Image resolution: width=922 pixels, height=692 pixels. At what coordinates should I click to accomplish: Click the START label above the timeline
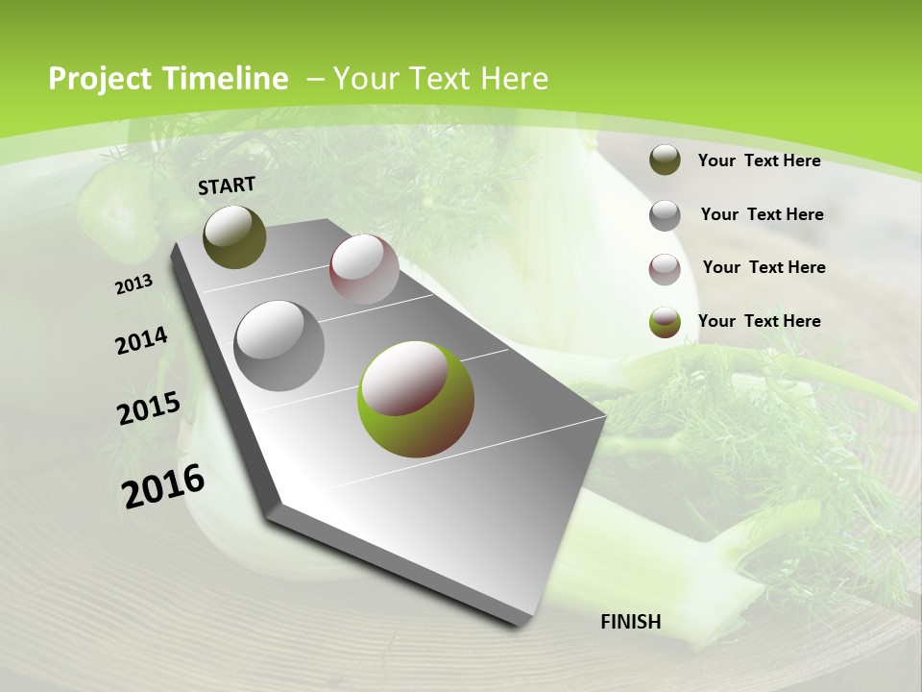[x=227, y=185]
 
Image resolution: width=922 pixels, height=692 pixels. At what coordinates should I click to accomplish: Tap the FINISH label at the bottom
[x=630, y=622]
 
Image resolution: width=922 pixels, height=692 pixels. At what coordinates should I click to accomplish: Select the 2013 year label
[x=134, y=284]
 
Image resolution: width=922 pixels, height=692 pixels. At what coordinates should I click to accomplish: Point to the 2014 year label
[x=141, y=341]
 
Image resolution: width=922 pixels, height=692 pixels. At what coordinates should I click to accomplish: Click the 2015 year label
[x=149, y=408]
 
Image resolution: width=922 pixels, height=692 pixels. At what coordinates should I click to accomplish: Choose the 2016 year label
[x=163, y=485]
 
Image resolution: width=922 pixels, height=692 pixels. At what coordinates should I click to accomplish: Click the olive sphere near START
[x=234, y=236]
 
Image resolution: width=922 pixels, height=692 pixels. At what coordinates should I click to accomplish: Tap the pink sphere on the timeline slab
[x=364, y=269]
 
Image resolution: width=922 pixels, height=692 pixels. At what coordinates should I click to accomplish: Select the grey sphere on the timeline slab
[x=279, y=346]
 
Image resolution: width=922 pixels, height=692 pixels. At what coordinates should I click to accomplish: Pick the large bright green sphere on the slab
[x=415, y=399]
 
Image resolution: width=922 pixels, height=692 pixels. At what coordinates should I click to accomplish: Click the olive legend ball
[x=665, y=160]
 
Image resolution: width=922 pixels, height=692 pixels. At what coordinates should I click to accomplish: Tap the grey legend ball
[x=665, y=215]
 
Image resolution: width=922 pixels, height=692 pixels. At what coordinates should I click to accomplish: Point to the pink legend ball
[x=665, y=269]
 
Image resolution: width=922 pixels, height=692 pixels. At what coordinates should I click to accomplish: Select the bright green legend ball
[x=665, y=323]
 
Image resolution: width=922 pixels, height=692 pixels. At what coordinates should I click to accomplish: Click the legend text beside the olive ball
[x=759, y=161]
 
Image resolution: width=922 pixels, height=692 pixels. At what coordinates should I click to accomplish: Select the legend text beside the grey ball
[x=762, y=214]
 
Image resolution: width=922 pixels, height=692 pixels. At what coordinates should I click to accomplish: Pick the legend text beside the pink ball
[x=764, y=267]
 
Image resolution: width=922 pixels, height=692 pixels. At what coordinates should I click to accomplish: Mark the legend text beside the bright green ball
[x=759, y=321]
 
